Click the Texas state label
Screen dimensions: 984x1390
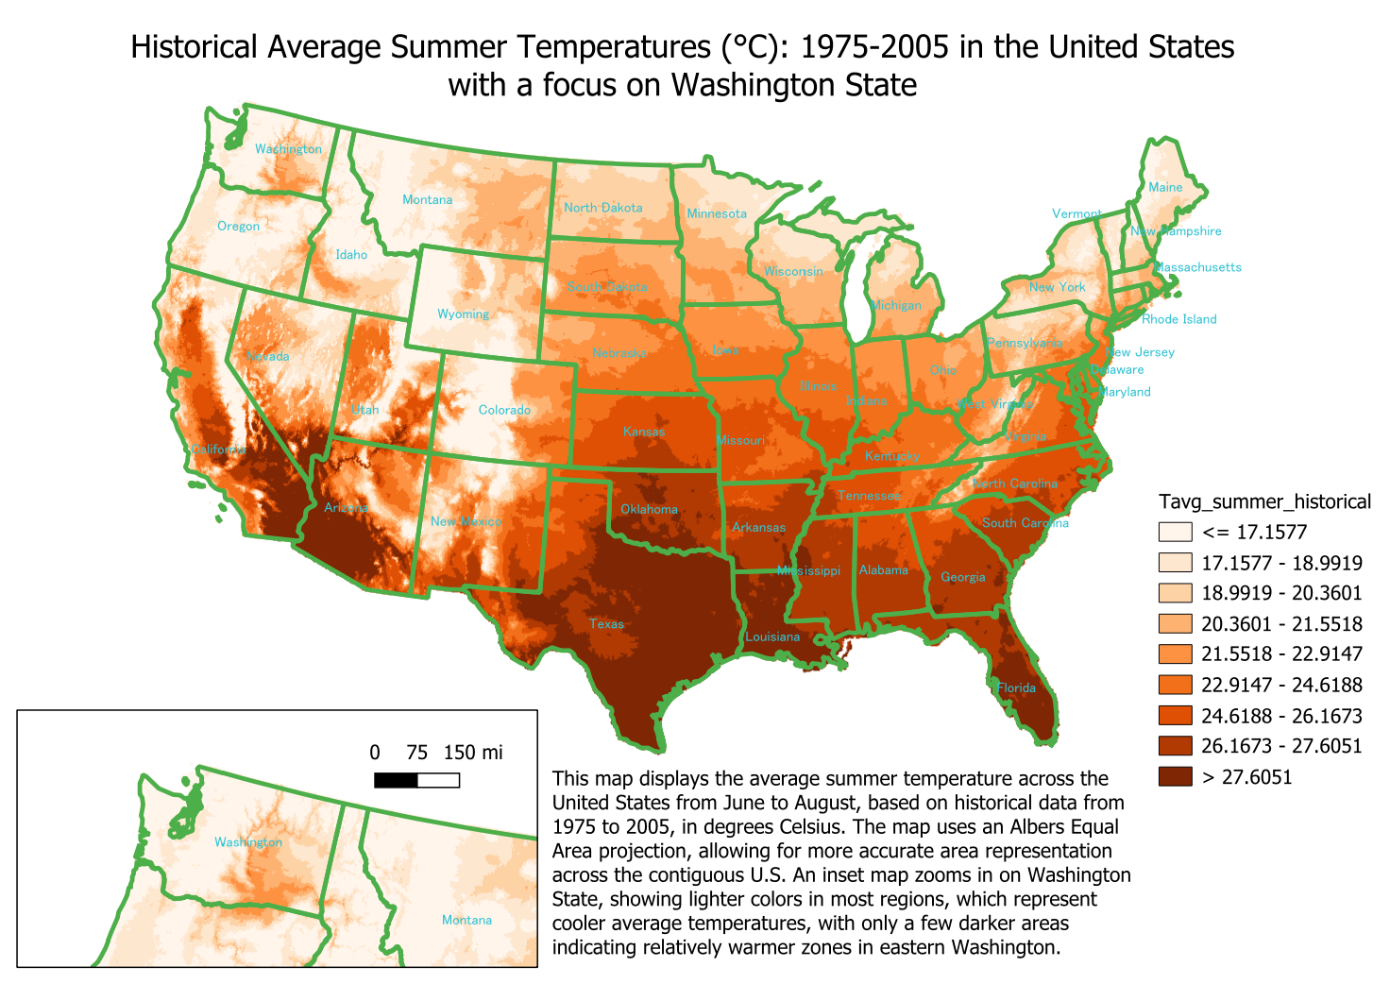coord(606,623)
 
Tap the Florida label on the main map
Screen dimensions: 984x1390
coord(1016,687)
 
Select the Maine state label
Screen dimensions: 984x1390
coord(1165,187)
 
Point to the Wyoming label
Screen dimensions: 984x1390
coord(463,314)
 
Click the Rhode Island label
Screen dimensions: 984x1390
coord(1178,319)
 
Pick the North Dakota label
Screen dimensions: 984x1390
coord(602,208)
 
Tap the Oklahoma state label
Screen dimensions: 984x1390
coord(649,509)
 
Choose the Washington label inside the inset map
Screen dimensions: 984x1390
coord(247,841)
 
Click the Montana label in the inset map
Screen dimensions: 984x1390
coord(466,920)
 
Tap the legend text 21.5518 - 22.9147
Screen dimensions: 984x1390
coord(1281,654)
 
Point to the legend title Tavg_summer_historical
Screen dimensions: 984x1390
coord(1264,501)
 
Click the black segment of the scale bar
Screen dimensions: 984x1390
coord(396,779)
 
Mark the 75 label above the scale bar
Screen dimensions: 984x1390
coord(416,753)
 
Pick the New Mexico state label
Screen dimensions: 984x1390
coord(466,521)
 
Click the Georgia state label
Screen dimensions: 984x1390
coord(962,577)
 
